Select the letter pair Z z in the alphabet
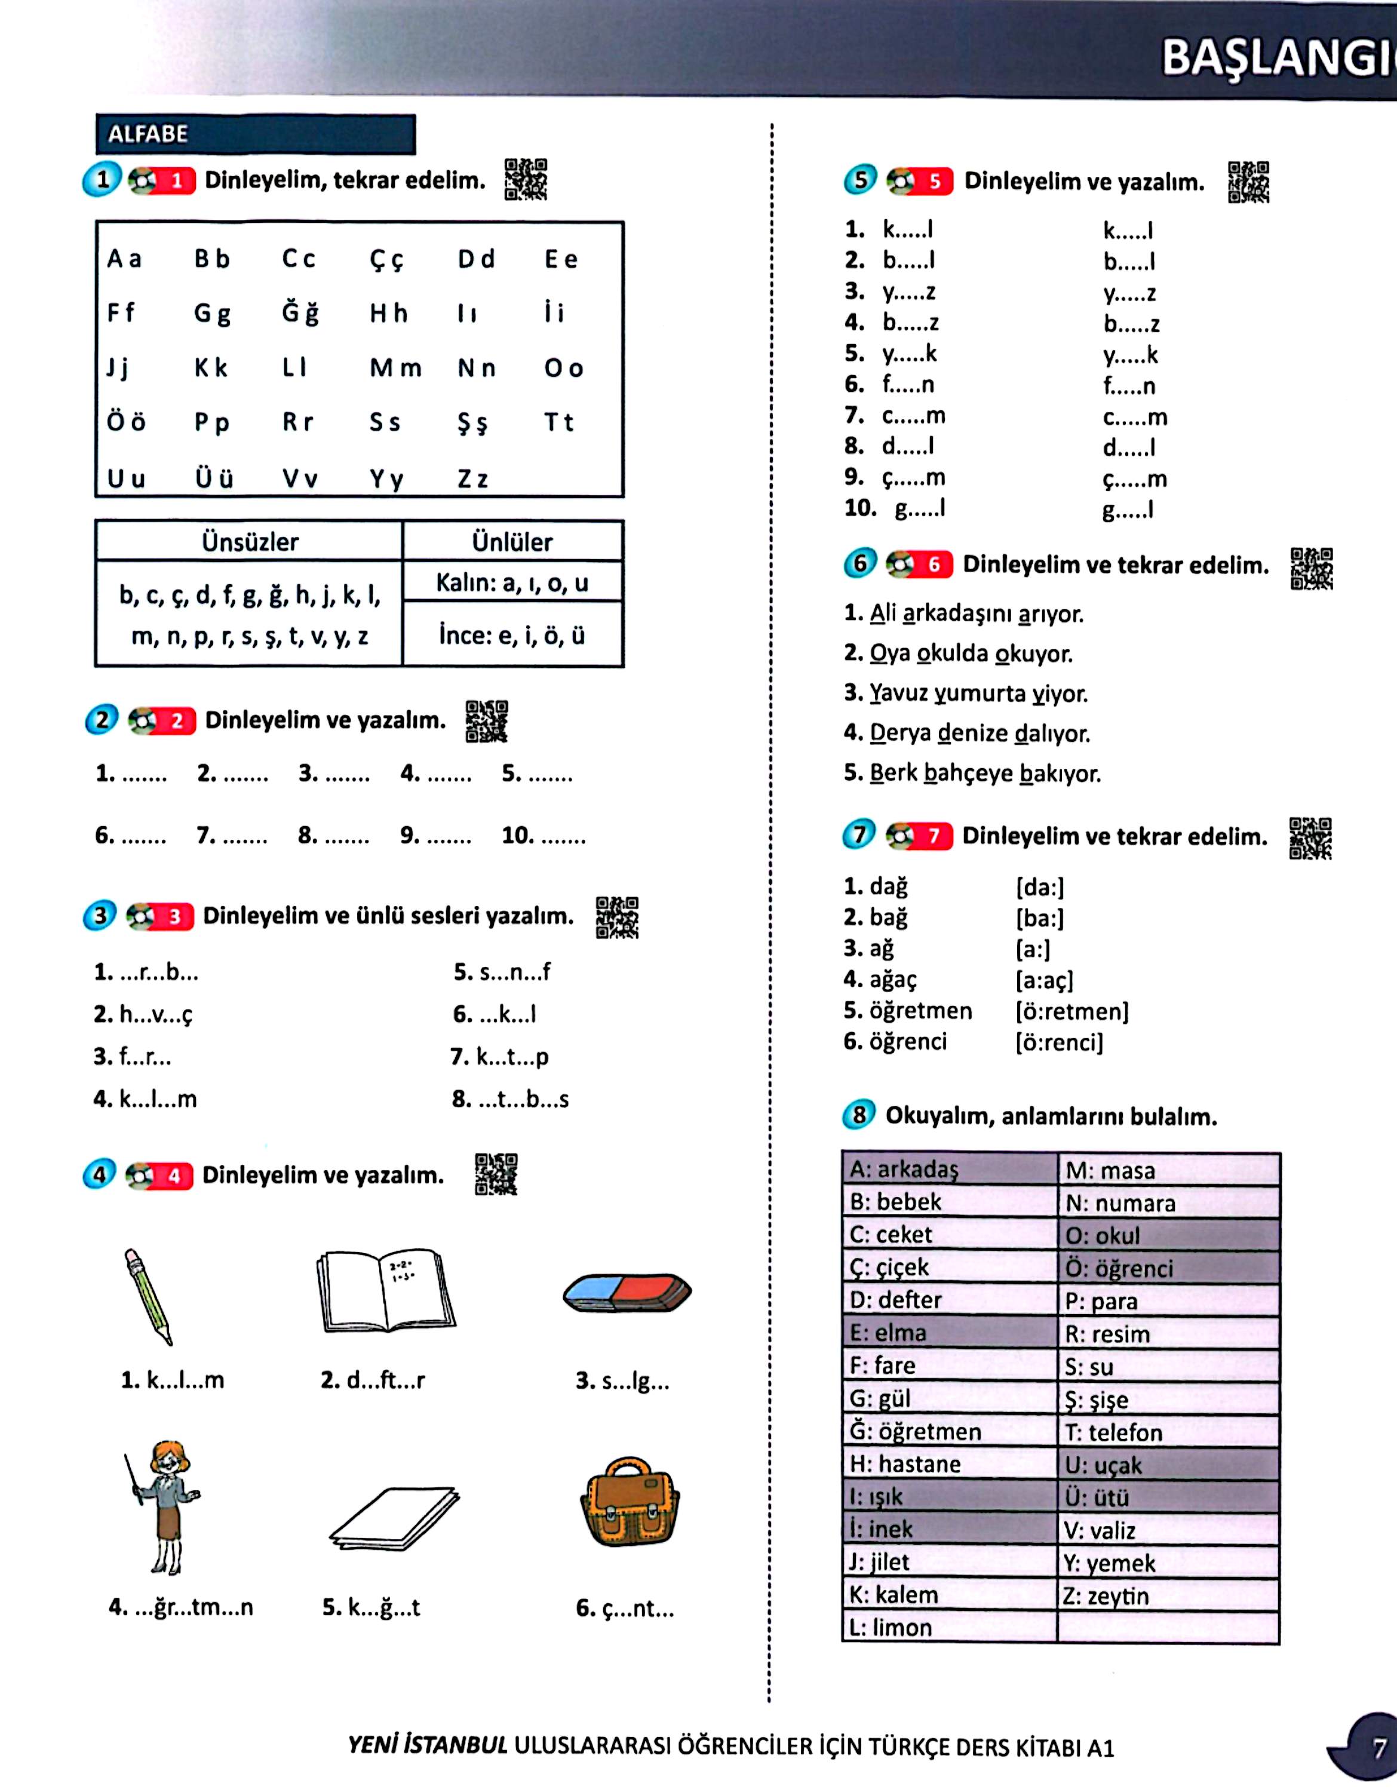point(472,479)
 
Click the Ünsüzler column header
point(250,542)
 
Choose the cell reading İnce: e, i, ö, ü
point(512,635)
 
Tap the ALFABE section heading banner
point(255,134)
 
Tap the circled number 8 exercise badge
point(859,1115)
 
